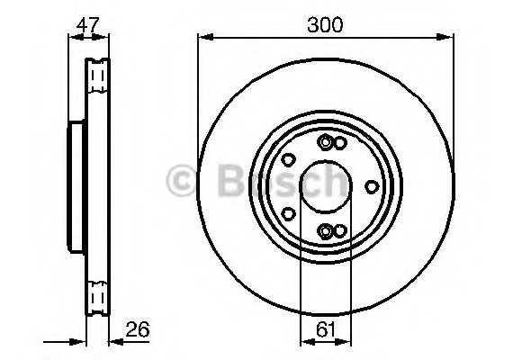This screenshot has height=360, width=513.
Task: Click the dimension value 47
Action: click(87, 25)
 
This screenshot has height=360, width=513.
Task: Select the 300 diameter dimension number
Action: click(325, 25)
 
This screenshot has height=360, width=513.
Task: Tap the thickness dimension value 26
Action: click(138, 329)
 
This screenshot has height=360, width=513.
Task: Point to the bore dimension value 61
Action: click(326, 329)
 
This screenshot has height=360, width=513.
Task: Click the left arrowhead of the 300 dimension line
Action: click(206, 37)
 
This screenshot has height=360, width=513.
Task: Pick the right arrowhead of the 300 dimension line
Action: click(445, 37)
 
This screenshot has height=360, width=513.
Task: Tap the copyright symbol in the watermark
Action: click(181, 180)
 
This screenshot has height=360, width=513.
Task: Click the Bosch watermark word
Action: click(282, 181)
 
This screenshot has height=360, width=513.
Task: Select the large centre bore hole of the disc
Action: click(326, 187)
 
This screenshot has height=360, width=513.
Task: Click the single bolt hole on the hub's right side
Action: click(372, 187)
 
